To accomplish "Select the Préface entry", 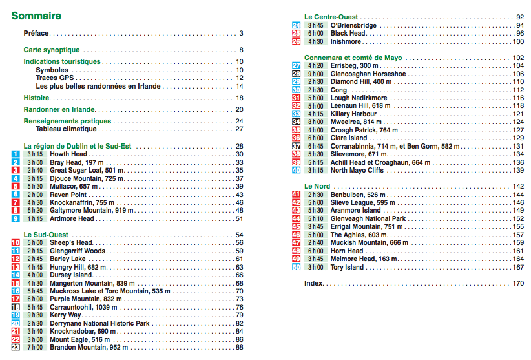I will pos(36,33).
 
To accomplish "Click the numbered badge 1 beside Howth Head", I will pos(15,154).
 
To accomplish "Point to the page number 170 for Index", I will pos(518,283).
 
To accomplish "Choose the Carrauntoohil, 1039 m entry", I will pos(81,307).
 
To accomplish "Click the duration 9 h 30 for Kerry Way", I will pos(34,315).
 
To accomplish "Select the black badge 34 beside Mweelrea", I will pos(297,122).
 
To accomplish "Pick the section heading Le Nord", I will pos(317,186).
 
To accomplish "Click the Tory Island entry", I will pos(347,267).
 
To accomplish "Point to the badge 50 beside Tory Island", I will pos(297,267).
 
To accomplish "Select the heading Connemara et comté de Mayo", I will pos(353,58).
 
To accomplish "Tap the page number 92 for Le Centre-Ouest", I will pos(520,17).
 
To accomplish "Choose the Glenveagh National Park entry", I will pos(368,218).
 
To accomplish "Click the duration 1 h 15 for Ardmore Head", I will pos(34,218).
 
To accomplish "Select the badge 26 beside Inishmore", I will pos(297,41).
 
